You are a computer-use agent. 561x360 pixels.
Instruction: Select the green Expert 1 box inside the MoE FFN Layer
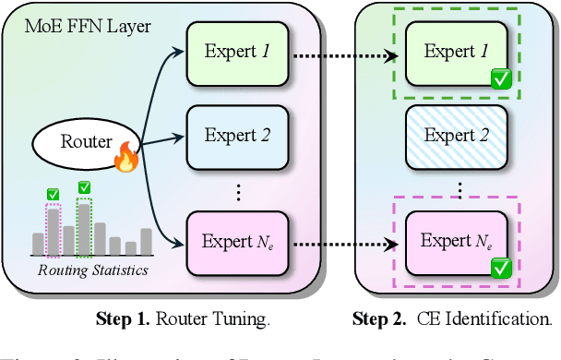pos(236,52)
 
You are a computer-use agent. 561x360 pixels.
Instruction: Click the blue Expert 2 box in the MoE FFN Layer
pos(236,136)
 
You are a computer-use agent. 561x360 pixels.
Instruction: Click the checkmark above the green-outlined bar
pos(84,187)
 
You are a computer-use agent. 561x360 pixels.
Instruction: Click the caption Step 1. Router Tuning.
pos(183,320)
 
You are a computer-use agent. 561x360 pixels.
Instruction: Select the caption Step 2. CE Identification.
pos(451,320)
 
